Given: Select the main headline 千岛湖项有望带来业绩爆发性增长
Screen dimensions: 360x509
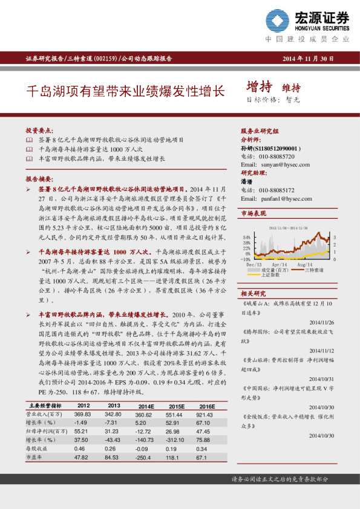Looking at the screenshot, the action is (125, 91).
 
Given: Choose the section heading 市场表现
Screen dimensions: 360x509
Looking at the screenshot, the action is (254, 214).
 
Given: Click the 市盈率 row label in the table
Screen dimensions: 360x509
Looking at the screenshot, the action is (37, 458).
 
